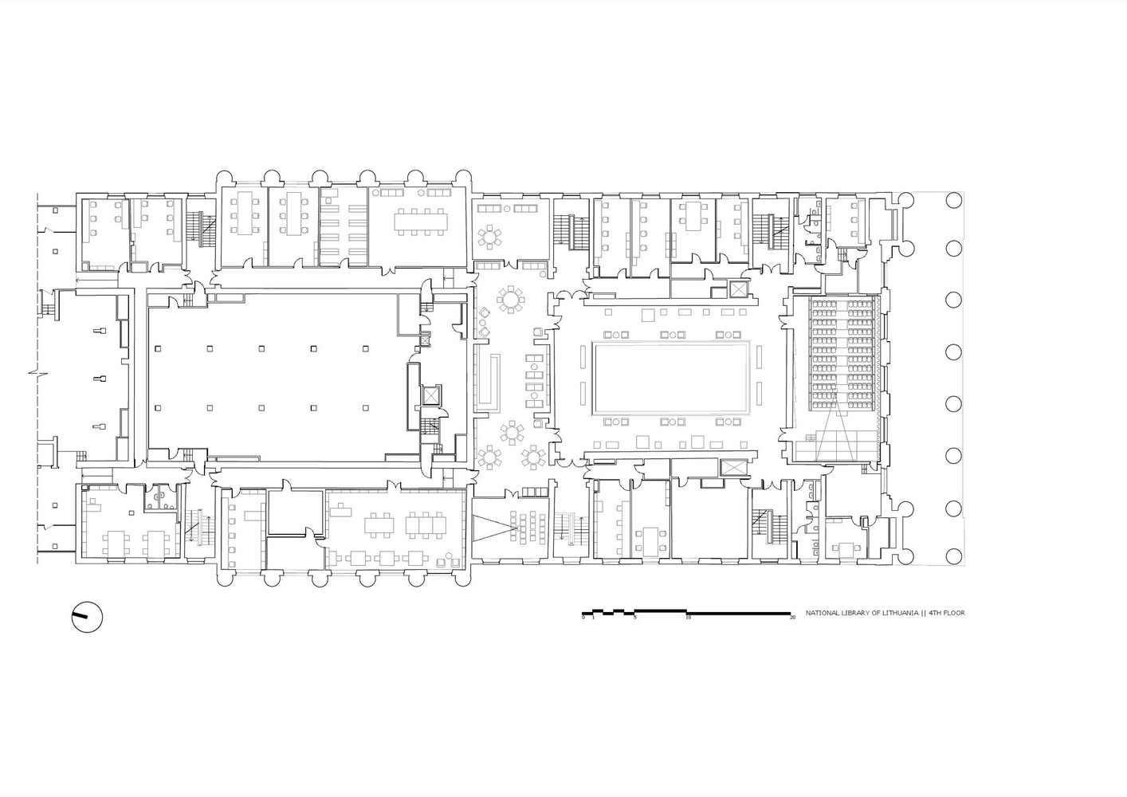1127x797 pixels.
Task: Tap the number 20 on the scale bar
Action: tap(792, 618)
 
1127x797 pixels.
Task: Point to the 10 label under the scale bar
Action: tap(688, 618)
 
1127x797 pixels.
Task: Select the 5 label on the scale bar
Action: tap(635, 618)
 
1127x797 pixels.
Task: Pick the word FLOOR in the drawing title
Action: tap(954, 613)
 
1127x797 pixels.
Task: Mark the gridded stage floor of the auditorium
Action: tap(837, 446)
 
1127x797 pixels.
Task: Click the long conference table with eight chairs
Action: tap(421, 222)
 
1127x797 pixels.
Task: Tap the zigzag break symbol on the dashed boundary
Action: tap(38, 373)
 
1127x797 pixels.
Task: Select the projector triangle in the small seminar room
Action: tap(495, 528)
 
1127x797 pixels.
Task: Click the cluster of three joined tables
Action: tap(426, 524)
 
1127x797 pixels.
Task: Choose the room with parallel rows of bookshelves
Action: tap(344, 226)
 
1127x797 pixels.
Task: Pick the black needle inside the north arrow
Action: tap(80, 615)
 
